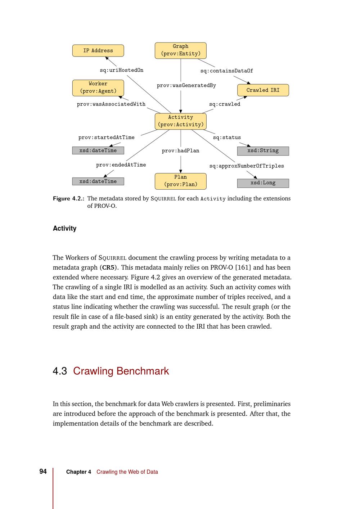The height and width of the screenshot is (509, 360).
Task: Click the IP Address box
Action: point(98,51)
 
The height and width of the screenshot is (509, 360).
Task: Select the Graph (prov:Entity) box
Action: point(180,50)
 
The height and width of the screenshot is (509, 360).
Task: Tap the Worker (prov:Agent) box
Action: point(98,87)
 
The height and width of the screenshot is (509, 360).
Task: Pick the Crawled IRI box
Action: point(263,90)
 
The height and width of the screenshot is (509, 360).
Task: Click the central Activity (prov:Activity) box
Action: point(180,121)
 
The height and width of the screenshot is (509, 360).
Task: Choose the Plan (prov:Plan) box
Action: point(180,181)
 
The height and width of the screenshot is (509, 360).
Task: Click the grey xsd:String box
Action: point(263,151)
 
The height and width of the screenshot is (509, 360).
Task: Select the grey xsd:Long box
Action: point(263,183)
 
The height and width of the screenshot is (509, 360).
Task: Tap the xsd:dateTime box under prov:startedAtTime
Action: point(98,150)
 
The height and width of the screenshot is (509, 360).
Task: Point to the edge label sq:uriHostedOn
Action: point(121,70)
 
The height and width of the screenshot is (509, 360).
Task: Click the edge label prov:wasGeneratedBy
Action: point(186,86)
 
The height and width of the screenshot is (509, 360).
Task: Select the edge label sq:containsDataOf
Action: point(226,71)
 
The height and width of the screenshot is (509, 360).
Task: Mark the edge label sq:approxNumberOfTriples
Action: point(247,166)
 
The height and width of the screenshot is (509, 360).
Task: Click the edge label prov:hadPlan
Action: point(180,151)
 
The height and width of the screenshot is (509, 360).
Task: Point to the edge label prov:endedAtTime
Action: point(121,165)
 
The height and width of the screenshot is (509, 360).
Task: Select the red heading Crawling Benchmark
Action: point(121,371)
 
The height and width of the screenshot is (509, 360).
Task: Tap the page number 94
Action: point(43,472)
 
